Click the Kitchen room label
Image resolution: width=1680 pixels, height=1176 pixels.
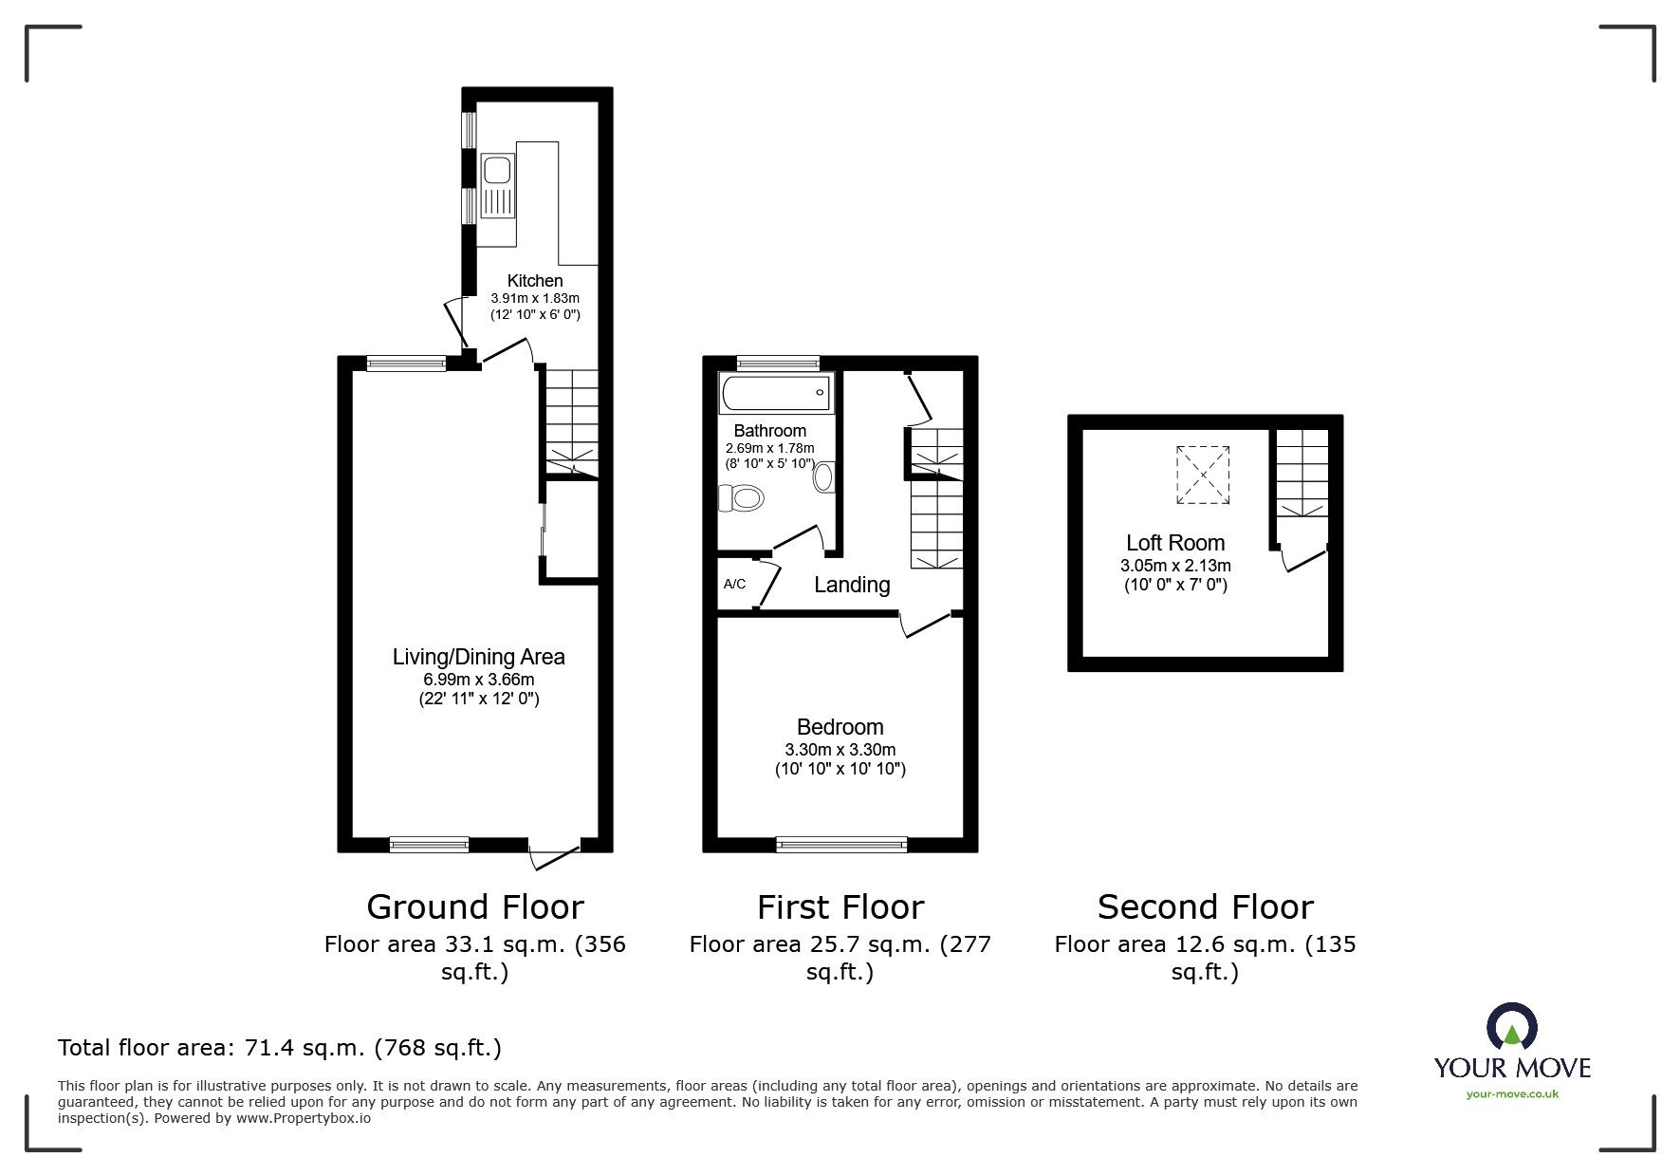coord(535,281)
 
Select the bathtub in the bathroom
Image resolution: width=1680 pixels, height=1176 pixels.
coord(776,392)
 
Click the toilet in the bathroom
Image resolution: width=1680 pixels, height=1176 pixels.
coord(742,498)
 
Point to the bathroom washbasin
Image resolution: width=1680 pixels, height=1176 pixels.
coord(823,476)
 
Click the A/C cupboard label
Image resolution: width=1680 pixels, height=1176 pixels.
coord(734,585)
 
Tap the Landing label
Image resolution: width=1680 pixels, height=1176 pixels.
coord(852,585)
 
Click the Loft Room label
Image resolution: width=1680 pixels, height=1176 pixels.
coord(1174,543)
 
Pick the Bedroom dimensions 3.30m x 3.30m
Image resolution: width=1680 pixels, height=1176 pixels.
coord(840,749)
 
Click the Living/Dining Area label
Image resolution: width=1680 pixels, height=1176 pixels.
coord(478,657)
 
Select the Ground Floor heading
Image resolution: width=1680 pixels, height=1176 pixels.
coord(474,907)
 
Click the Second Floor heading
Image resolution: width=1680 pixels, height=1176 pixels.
coord(1205,907)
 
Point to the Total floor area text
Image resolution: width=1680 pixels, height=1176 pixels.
coord(280,1048)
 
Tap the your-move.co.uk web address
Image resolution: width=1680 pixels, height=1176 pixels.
coord(1512,1094)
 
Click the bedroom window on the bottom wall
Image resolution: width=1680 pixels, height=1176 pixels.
coord(841,844)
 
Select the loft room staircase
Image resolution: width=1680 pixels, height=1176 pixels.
coord(1301,472)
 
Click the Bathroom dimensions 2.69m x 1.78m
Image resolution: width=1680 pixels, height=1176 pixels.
coord(769,449)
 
